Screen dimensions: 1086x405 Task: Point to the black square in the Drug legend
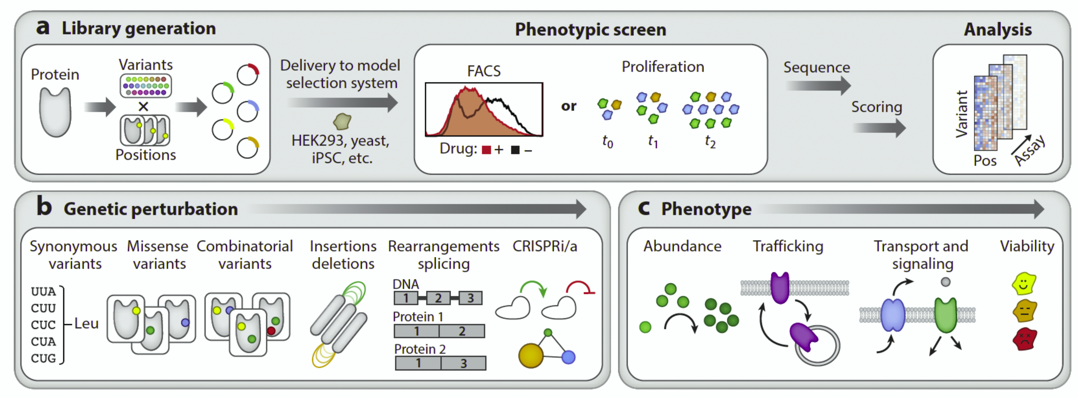tap(515, 150)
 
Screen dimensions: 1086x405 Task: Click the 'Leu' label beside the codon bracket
tap(86, 324)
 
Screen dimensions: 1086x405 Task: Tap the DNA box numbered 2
tap(438, 298)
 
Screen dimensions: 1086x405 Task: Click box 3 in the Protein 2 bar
tap(463, 363)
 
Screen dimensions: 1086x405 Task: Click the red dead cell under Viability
tap(1024, 339)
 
